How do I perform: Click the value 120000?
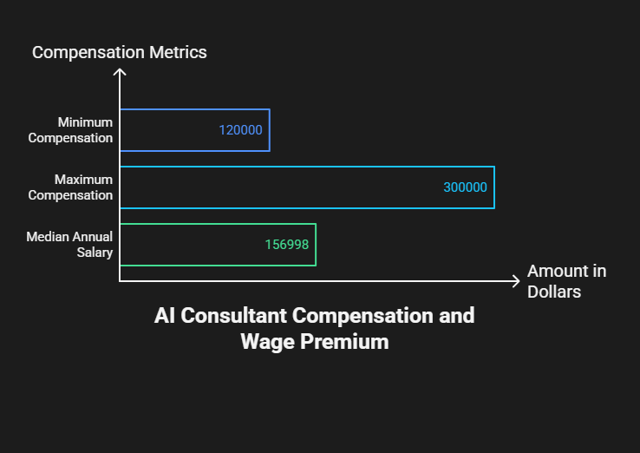[x=240, y=130]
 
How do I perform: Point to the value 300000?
[x=465, y=187]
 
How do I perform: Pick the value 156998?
[x=286, y=244]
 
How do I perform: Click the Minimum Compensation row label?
[x=70, y=130]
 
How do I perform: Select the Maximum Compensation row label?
[x=70, y=187]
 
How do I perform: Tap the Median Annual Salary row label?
[x=69, y=244]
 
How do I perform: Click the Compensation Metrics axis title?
[x=119, y=52]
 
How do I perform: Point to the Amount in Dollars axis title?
[x=566, y=281]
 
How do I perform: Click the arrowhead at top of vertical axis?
[x=120, y=69]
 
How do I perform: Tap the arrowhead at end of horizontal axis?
[x=519, y=281]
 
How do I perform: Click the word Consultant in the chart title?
[x=233, y=316]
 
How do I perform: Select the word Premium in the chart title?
[x=344, y=342]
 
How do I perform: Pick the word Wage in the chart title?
[x=267, y=342]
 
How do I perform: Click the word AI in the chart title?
[x=165, y=316]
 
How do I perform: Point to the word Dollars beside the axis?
[x=554, y=292]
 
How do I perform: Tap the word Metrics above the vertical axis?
[x=178, y=52]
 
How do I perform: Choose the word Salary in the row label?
[x=95, y=253]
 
